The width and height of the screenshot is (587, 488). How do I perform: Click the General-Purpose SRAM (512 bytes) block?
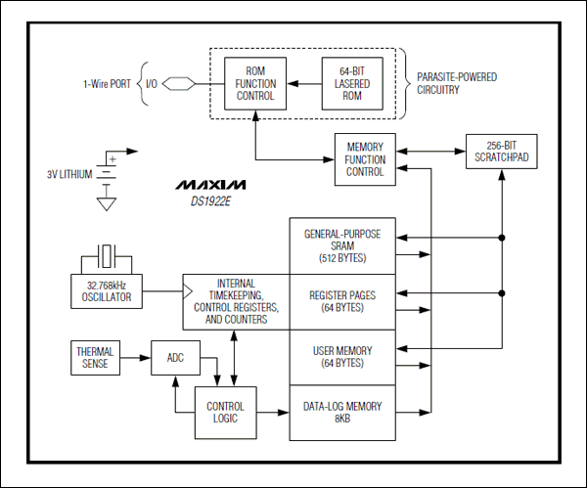(342, 246)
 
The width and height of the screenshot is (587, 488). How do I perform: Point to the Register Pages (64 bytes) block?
(342, 300)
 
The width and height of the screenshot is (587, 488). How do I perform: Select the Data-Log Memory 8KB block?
(342, 411)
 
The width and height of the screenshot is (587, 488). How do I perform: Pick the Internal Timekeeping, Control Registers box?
(237, 301)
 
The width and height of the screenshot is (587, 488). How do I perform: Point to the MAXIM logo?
(211, 184)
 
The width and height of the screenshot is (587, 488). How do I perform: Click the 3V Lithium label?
(68, 174)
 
